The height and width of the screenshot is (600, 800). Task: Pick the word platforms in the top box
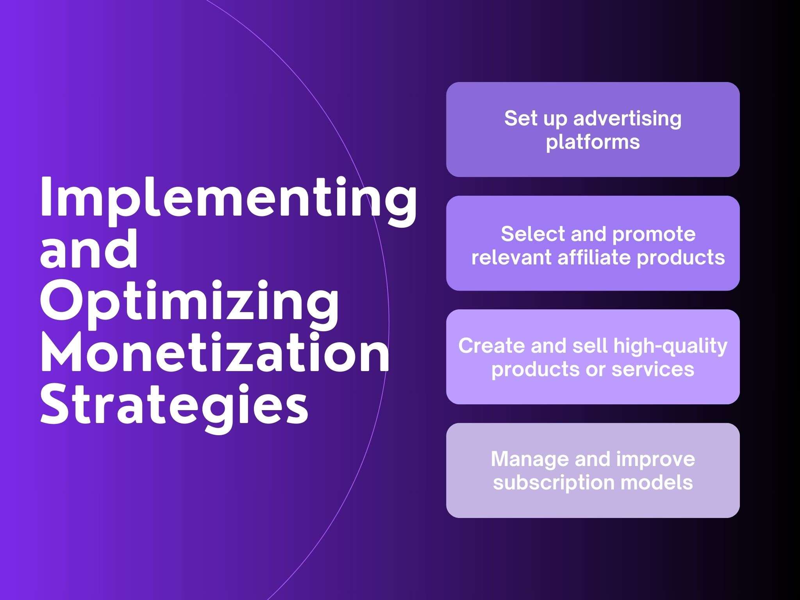pyautogui.click(x=593, y=142)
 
